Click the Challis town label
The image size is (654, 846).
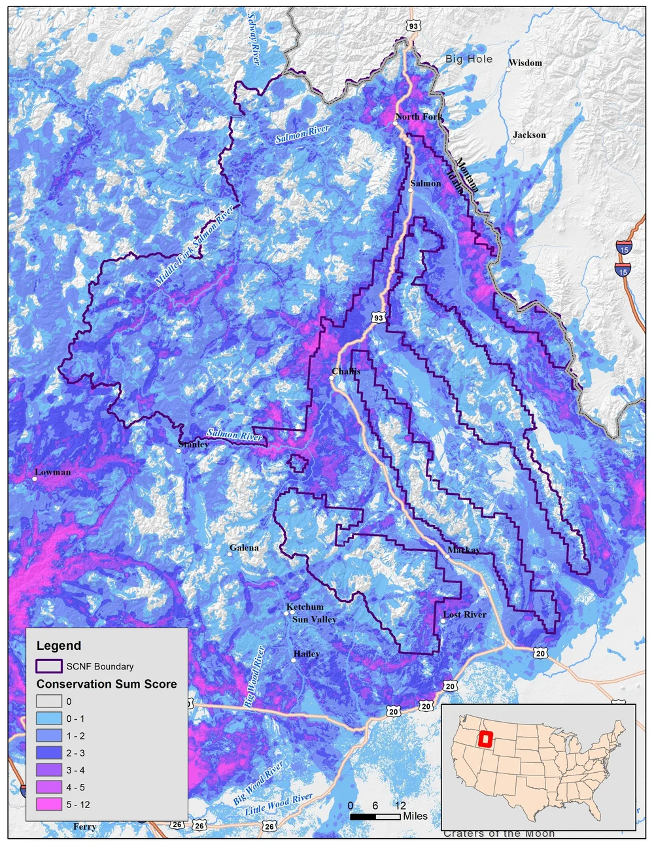pyautogui.click(x=345, y=371)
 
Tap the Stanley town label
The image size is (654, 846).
pyautogui.click(x=194, y=445)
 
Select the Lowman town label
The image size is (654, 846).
pyautogui.click(x=52, y=472)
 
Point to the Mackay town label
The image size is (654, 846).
pyautogui.click(x=464, y=550)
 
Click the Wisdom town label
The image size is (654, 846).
pyautogui.click(x=525, y=63)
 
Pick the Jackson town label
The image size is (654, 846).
pyautogui.click(x=529, y=135)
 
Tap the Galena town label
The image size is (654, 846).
pyautogui.click(x=244, y=548)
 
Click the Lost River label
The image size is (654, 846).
pyautogui.click(x=464, y=615)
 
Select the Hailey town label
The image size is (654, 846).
pyautogui.click(x=307, y=654)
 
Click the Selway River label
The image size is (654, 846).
pyautogui.click(x=253, y=38)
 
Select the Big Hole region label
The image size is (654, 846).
pyautogui.click(x=469, y=59)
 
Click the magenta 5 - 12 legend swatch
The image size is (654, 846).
pyautogui.click(x=49, y=805)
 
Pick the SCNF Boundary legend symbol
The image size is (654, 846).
pyautogui.click(x=49, y=666)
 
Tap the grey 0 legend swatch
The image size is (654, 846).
pyautogui.click(x=49, y=702)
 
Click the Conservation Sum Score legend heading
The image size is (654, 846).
pyautogui.click(x=107, y=684)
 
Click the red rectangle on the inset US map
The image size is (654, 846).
pyautogui.click(x=486, y=739)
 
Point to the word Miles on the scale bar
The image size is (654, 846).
pyautogui.click(x=415, y=816)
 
